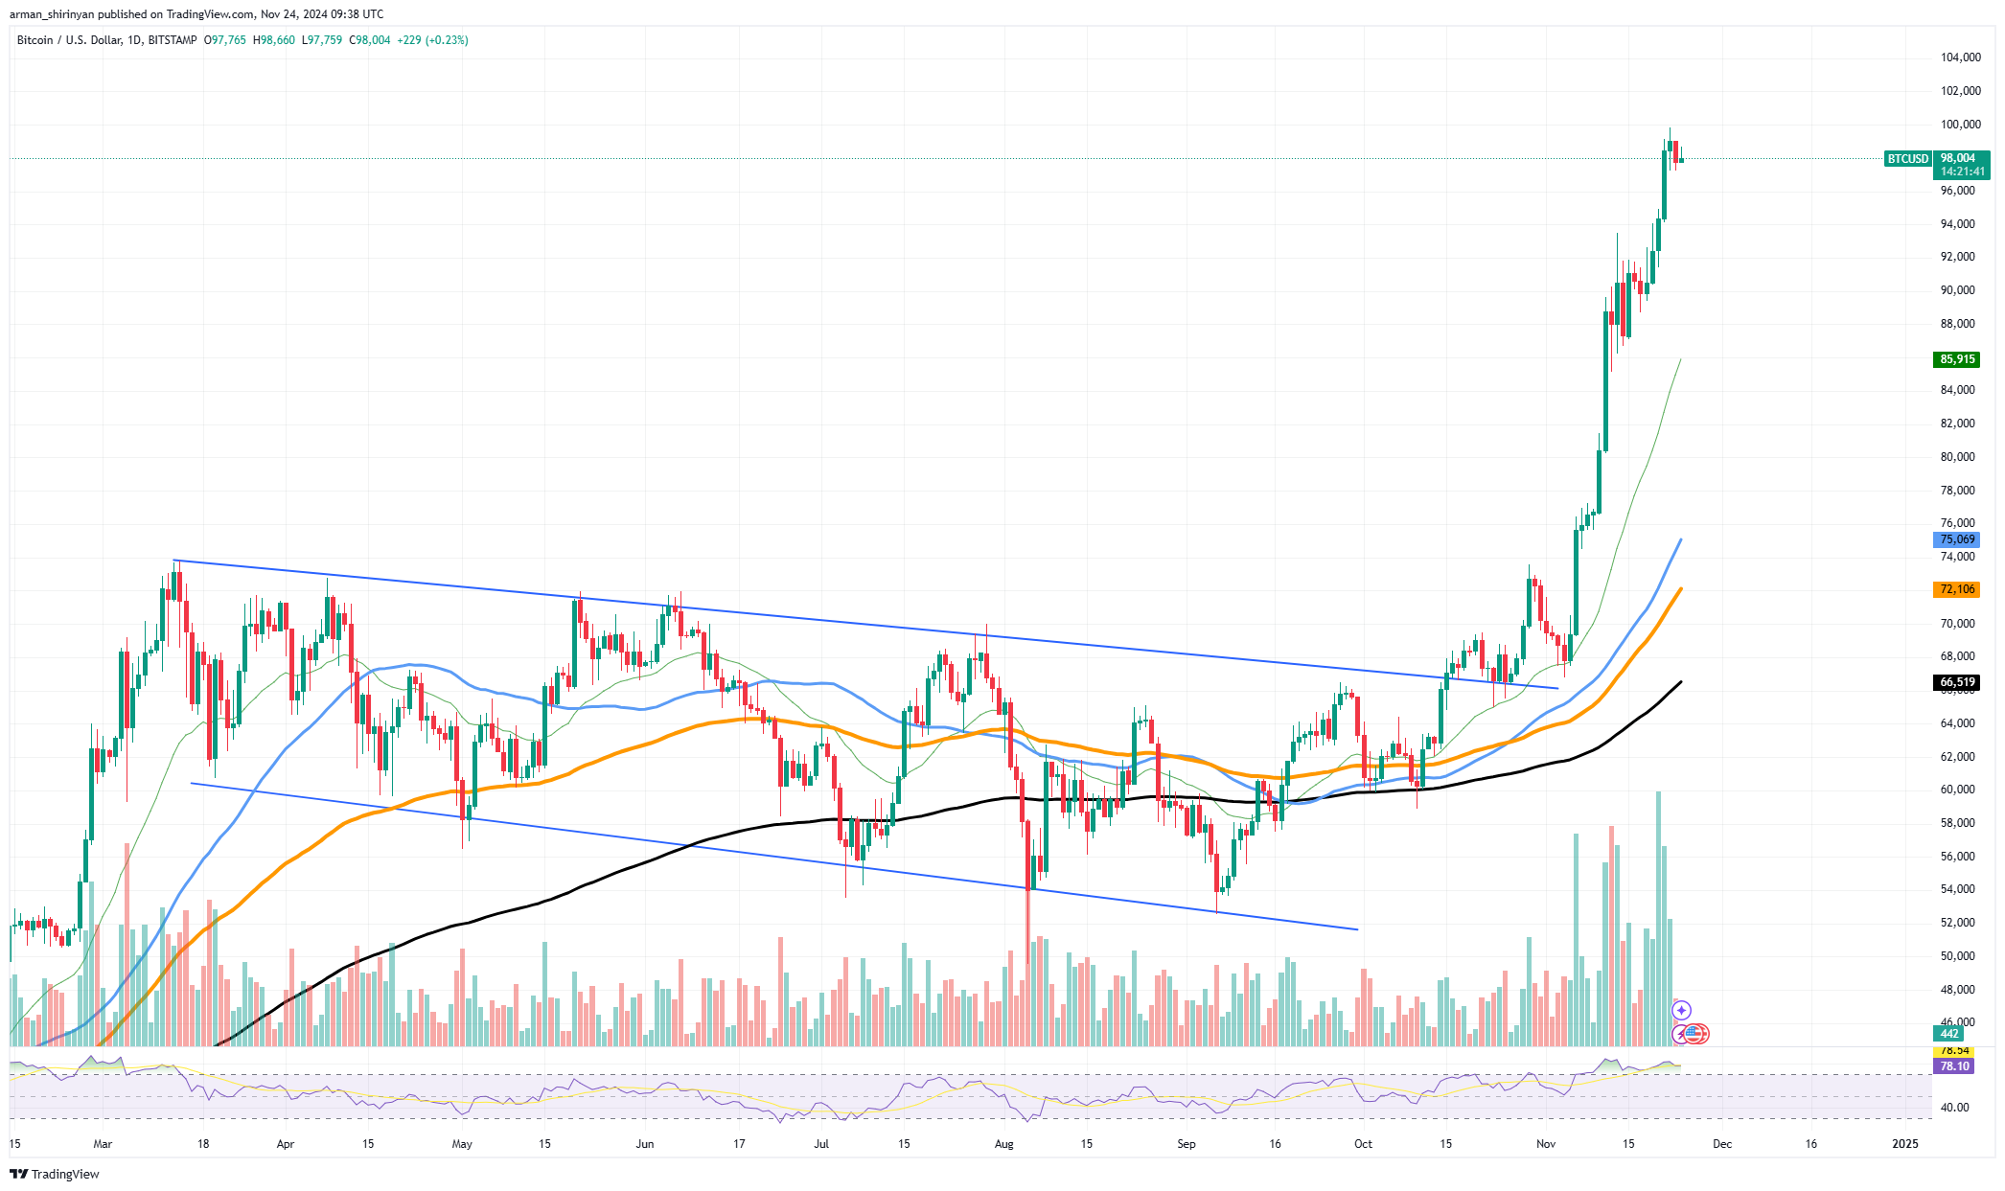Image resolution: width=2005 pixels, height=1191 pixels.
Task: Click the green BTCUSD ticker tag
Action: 1907,159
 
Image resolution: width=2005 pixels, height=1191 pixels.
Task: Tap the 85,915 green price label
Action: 1957,359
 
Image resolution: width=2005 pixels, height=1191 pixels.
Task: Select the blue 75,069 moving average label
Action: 1957,539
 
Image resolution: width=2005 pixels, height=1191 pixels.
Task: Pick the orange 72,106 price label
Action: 1957,589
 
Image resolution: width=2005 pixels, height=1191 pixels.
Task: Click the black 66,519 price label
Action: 1957,682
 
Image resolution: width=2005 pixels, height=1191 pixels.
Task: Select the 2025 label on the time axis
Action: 1905,1144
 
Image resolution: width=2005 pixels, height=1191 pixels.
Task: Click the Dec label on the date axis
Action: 1722,1144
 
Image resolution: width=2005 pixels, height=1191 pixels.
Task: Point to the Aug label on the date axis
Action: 1003,1144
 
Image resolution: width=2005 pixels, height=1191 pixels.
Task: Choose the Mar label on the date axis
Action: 103,1144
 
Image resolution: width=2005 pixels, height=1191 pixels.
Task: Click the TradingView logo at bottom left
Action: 56,1174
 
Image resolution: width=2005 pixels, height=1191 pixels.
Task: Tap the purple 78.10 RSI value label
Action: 1955,1066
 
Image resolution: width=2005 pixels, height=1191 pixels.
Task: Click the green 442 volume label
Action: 1949,1034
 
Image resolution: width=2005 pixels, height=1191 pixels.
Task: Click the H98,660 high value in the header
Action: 274,40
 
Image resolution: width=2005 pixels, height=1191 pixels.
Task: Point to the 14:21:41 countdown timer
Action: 1963,172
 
